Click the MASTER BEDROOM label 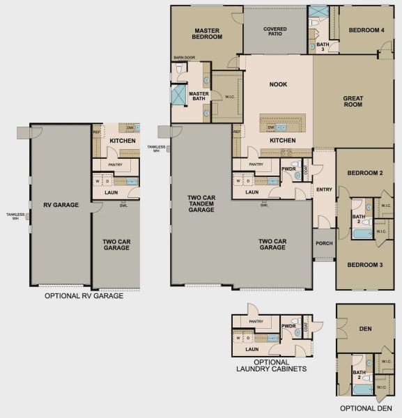(x=208, y=33)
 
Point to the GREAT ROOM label (x=353, y=102)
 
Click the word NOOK (x=278, y=84)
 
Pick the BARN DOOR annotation (x=184, y=58)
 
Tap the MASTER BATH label (x=199, y=96)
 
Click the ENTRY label (x=324, y=189)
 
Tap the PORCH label (x=324, y=243)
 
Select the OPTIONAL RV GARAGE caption (x=84, y=296)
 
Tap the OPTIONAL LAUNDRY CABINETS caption (x=271, y=366)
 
